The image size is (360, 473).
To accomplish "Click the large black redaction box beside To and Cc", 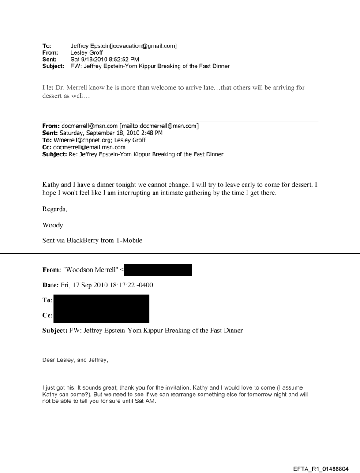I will point(101,309).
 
